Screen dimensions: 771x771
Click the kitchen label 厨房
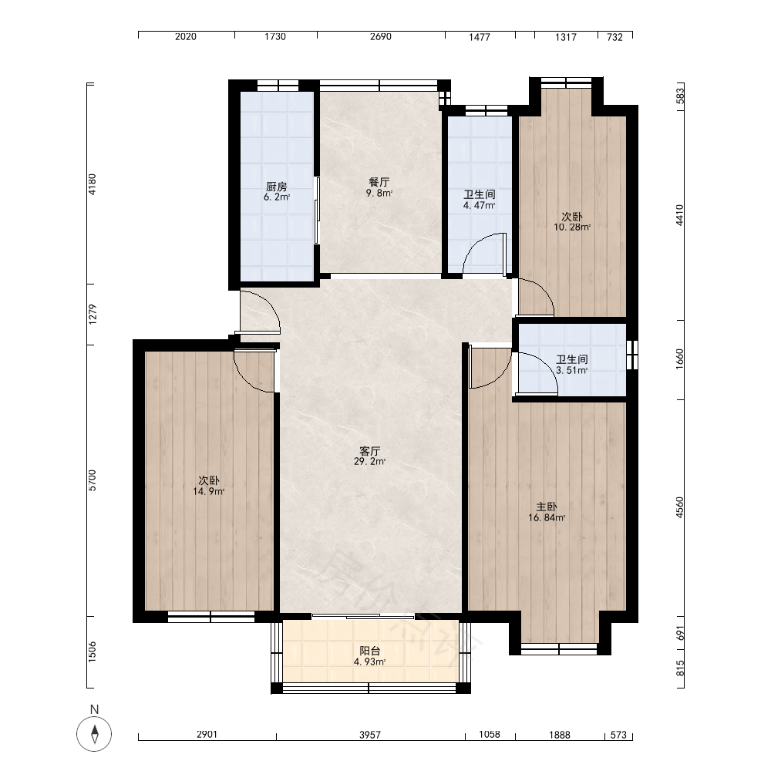point(276,187)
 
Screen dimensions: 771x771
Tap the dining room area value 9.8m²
point(379,194)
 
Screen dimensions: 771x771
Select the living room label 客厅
point(370,451)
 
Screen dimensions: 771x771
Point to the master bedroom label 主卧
point(547,507)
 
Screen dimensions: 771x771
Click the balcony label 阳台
point(370,651)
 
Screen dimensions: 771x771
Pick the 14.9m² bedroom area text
point(208,491)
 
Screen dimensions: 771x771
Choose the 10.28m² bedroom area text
point(572,227)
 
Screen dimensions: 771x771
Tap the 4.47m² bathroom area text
point(479,206)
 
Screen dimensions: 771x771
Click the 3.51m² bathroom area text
point(572,370)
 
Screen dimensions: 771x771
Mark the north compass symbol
point(94,734)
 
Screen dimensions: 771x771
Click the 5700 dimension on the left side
point(93,480)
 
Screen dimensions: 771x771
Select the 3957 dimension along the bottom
point(370,735)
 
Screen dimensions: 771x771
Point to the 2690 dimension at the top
point(381,37)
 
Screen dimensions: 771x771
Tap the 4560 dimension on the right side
point(679,507)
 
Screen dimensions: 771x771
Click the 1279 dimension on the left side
point(93,315)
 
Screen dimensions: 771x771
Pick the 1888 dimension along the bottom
point(560,735)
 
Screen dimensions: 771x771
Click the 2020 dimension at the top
point(186,37)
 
